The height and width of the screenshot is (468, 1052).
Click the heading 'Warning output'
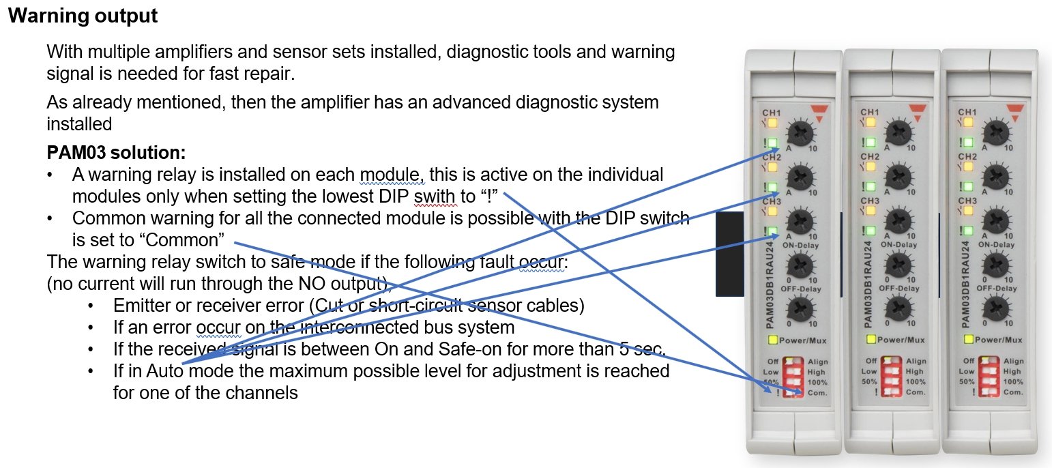pyautogui.click(x=83, y=16)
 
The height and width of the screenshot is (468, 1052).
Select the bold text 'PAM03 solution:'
pyautogui.click(x=116, y=151)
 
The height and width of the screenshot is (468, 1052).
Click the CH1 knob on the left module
pyautogui.click(x=800, y=132)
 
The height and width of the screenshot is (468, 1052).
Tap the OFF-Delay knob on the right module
pyautogui.click(x=997, y=309)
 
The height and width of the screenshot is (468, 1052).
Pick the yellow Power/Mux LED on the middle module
pyautogui.click(x=871, y=339)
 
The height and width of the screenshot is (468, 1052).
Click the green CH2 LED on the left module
pyautogui.click(x=772, y=187)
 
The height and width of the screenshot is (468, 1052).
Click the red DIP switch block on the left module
pyautogui.click(x=793, y=377)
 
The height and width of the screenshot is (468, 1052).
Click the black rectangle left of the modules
pyautogui.click(x=729, y=254)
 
